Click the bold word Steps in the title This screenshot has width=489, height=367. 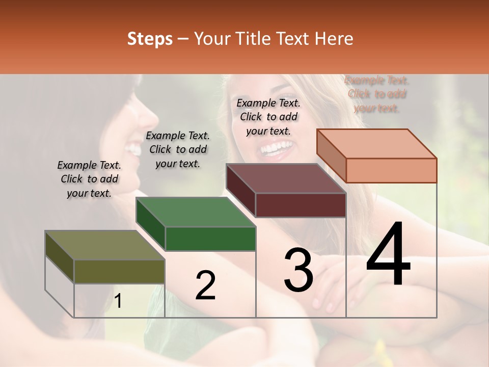pos(150,39)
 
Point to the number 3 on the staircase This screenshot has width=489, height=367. pos(298,270)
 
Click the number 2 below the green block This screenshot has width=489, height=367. pos(205,285)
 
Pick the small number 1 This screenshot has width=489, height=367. pos(118,302)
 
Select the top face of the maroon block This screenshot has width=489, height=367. pos(286,178)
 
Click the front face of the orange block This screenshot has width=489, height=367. pos(391,170)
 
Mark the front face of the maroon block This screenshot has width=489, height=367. pos(301,205)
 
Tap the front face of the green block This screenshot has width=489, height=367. pos(210,239)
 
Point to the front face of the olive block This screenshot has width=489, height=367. pos(119,272)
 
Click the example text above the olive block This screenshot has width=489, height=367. pos(89,179)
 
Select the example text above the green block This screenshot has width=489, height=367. pos(178,149)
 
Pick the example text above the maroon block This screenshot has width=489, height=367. pos(268,117)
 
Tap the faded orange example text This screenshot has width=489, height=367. pos(377,94)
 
